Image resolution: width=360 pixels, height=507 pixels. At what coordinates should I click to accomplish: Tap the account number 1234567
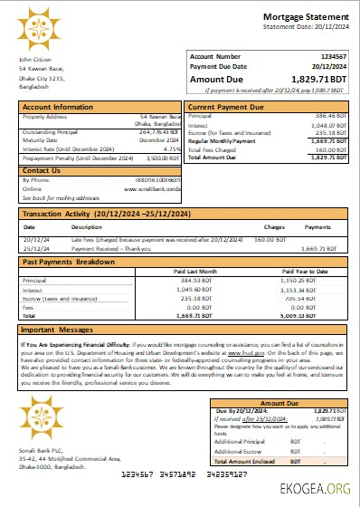pos(332,56)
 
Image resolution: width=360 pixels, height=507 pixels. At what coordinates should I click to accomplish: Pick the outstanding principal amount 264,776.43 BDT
pos(160,133)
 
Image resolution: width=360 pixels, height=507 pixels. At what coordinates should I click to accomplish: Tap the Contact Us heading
pos(42,169)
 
